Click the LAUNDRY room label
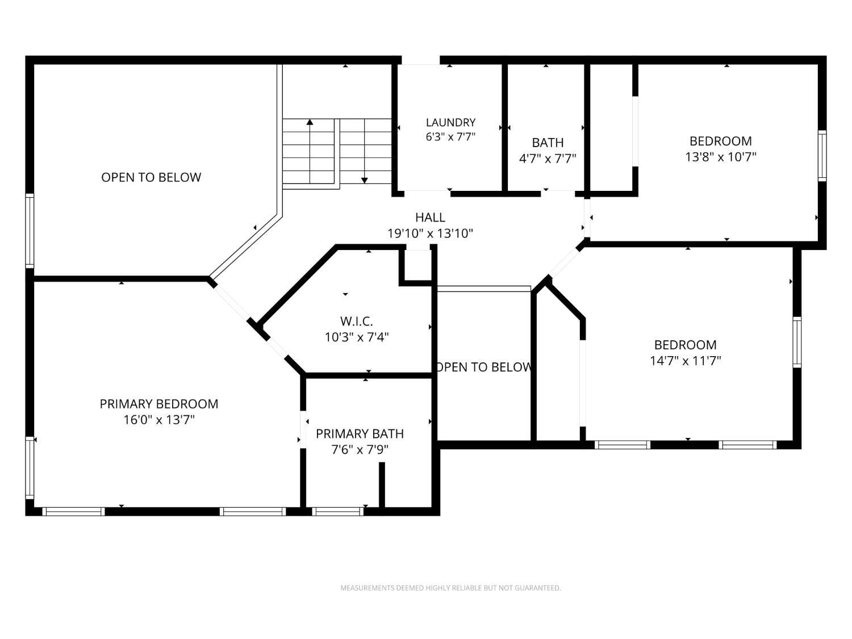point(450,123)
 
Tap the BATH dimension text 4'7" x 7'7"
point(548,158)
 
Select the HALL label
point(430,218)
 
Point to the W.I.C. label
point(356,321)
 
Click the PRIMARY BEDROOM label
point(158,404)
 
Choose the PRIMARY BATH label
point(360,433)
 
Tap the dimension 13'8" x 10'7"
point(720,157)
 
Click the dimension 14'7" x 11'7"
point(685,361)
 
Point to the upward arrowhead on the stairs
point(310,122)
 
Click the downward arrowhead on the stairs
point(364,181)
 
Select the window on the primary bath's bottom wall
point(337,511)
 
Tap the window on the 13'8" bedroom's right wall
point(822,156)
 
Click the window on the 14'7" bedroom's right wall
point(796,342)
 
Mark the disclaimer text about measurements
point(450,588)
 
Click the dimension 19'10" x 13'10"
point(430,233)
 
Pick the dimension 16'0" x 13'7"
point(158,420)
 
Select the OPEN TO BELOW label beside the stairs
point(151,177)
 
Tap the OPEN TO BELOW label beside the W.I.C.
point(483,367)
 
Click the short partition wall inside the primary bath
point(382,485)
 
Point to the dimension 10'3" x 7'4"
point(356,337)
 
